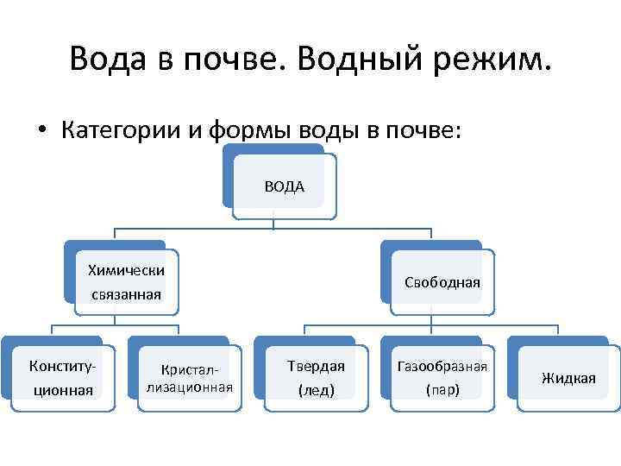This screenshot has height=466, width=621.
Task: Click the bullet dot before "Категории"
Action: [41, 130]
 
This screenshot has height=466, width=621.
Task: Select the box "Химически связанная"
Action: [127, 282]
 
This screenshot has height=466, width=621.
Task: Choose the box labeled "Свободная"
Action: [442, 282]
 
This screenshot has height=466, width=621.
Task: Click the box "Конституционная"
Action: [62, 377]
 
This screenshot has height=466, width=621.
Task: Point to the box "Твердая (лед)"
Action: [316, 377]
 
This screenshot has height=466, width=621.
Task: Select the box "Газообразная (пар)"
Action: [442, 377]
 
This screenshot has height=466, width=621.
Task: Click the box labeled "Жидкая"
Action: [568, 377]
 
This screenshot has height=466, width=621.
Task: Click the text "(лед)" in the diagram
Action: [316, 390]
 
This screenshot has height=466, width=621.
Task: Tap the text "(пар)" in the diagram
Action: [442, 390]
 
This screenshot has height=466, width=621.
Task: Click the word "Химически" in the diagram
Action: [127, 269]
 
